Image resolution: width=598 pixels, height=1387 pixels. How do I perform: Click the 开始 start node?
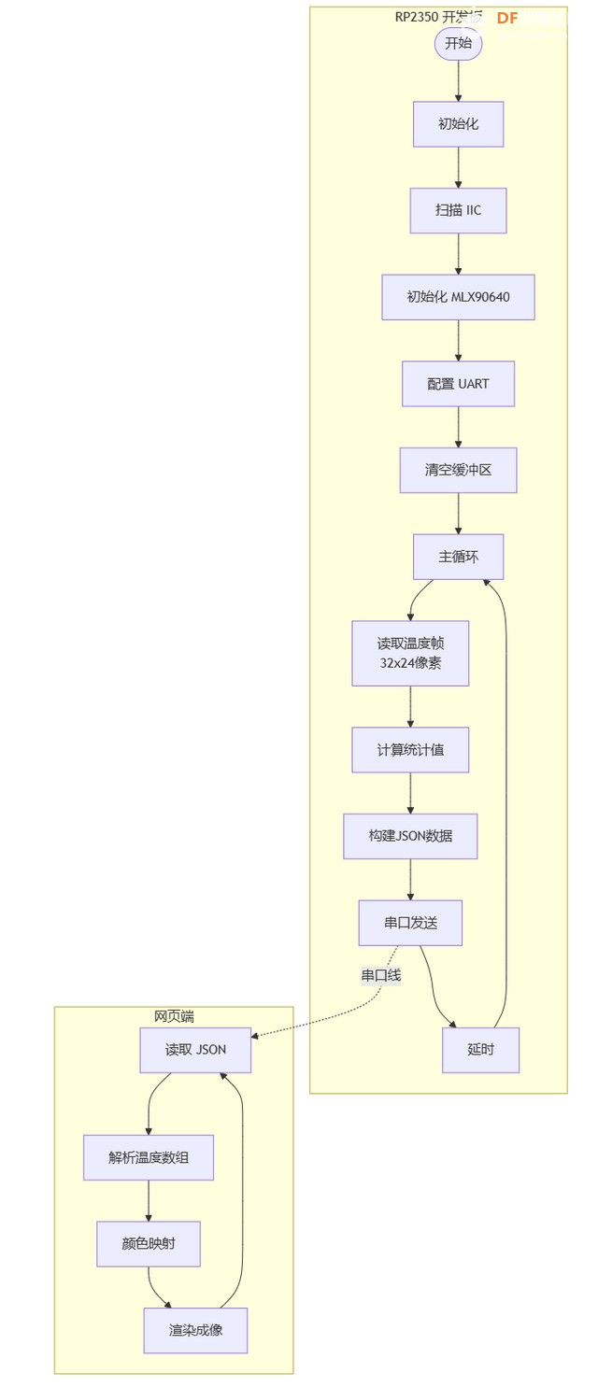[458, 43]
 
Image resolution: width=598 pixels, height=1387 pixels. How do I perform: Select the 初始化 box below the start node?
[458, 123]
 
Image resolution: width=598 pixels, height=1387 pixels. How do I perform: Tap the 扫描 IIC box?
[458, 210]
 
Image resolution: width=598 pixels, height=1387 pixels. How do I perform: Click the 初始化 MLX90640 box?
[458, 297]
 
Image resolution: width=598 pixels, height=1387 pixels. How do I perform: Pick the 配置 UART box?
[458, 384]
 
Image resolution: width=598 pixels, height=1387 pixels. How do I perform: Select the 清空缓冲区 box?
[458, 470]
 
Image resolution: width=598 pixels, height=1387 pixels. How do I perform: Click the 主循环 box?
[458, 557]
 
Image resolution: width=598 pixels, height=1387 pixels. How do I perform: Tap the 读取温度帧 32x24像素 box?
[410, 653]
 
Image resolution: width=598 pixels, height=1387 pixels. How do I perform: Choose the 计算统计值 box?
[410, 749]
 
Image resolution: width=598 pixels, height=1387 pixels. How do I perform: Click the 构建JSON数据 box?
[410, 836]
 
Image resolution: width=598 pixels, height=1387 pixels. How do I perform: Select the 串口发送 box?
[410, 923]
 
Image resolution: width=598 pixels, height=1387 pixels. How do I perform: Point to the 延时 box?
[480, 1050]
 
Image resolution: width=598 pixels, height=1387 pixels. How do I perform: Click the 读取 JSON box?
[195, 1050]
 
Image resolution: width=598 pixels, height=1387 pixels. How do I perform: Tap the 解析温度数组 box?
[149, 1157]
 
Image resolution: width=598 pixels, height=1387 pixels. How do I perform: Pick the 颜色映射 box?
[149, 1244]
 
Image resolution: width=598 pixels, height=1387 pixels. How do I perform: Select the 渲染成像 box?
[195, 1330]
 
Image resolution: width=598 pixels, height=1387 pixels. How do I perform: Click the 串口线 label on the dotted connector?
[381, 975]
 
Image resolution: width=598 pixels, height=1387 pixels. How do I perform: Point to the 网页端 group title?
[174, 1016]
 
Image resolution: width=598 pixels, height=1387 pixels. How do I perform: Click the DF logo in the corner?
[507, 18]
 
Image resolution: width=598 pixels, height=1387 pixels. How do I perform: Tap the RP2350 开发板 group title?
[438, 17]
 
